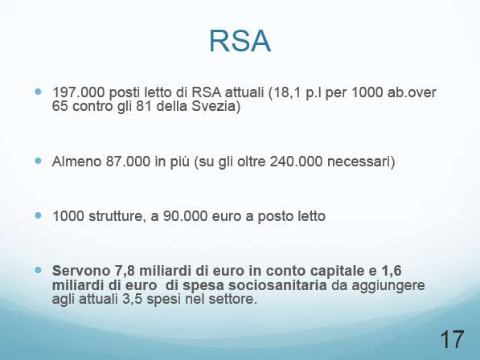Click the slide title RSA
240,42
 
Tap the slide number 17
452,339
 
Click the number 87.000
128,162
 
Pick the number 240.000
296,162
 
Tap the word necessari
359,162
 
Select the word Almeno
77,162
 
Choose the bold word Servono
81,271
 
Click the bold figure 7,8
125,271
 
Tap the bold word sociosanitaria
277,285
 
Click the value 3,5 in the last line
132,299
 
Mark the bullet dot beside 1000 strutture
38,215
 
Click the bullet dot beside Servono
38,270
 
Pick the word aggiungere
388,286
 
